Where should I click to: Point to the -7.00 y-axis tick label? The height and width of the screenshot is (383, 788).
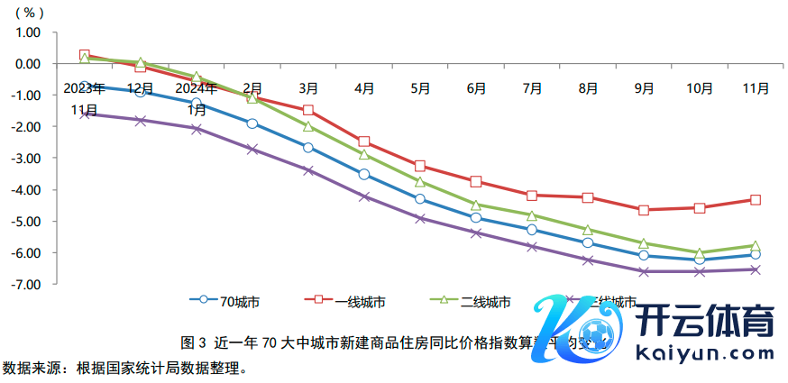pos(28,285)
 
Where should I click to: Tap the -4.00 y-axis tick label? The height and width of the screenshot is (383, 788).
pos(28,190)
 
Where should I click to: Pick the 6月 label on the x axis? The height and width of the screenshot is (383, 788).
pos(477,89)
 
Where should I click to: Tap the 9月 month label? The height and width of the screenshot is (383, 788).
pos(644,89)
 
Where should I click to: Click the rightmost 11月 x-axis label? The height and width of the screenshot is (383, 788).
pos(756,89)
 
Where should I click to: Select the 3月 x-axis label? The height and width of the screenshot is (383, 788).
pos(308,88)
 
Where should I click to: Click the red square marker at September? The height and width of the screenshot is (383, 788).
pos(644,210)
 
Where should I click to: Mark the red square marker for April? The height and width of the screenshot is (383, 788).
pos(364,141)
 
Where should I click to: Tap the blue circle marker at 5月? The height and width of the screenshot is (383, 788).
pos(420,199)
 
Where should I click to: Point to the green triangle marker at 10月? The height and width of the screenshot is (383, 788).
pos(700,252)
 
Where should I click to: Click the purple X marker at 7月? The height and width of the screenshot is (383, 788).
pos(532,246)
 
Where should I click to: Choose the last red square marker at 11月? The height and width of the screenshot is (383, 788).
pos(756,199)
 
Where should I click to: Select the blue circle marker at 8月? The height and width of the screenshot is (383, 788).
pos(588,242)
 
